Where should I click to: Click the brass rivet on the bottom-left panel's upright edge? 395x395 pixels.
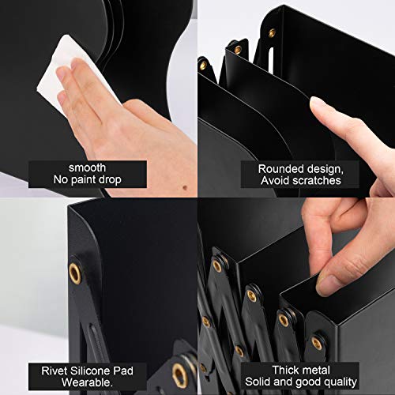tap(75, 273)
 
